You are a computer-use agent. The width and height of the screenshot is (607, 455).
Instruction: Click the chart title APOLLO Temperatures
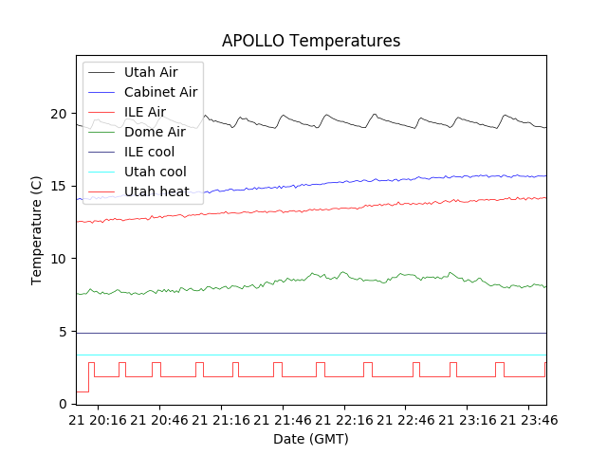311,42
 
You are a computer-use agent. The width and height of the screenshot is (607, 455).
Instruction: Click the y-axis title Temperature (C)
37,229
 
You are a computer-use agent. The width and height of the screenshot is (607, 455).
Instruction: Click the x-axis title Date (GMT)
311,439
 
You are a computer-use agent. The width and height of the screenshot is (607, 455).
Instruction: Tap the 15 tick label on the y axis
61,187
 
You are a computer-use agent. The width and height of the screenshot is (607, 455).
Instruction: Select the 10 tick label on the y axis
61,259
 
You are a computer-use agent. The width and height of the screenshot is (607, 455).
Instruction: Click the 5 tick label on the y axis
64,332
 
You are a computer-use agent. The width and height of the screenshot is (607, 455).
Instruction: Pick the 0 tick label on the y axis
64,405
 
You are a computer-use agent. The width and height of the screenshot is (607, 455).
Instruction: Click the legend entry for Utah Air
151,72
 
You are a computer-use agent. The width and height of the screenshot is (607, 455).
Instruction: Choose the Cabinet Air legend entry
160,92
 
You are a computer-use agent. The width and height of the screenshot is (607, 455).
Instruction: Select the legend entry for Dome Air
155,132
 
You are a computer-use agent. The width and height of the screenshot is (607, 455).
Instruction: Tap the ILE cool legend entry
149,152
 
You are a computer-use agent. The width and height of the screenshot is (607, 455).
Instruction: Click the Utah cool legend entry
155,172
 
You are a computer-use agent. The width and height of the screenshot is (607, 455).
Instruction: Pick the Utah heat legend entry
156,191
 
